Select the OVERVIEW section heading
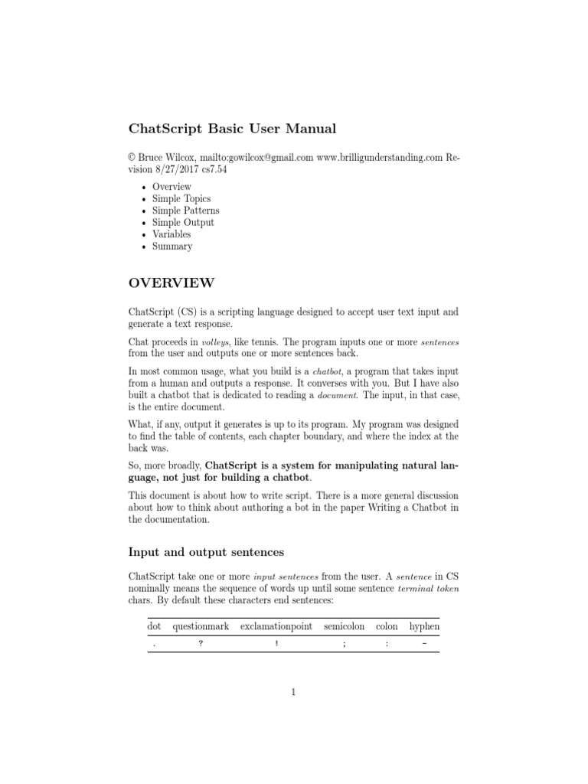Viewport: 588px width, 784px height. click(x=171, y=283)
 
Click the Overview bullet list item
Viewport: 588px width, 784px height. click(x=171, y=187)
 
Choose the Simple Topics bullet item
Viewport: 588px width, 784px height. click(x=181, y=198)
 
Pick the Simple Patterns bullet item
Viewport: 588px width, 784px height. click(x=185, y=211)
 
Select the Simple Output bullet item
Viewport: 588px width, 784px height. click(x=183, y=223)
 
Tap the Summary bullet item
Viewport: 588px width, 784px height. click(x=172, y=247)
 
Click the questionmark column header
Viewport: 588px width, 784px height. click(x=201, y=626)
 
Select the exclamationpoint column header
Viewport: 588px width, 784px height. click(x=276, y=626)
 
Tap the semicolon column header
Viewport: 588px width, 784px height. click(x=345, y=626)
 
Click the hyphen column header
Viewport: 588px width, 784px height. click(x=424, y=626)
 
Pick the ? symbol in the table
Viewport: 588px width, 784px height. click(x=201, y=644)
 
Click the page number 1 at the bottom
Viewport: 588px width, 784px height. click(x=293, y=693)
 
